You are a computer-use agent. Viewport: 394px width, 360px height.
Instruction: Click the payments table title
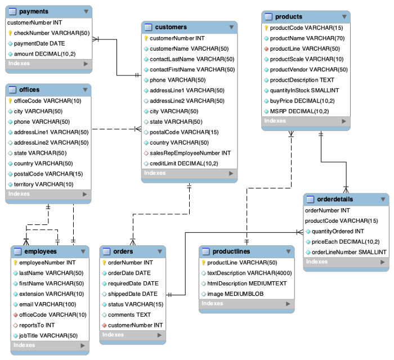pos(34,11)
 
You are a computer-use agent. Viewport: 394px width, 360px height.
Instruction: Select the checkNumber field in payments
pos(51,33)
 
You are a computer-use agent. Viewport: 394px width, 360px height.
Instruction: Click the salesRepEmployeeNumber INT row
pos(190,152)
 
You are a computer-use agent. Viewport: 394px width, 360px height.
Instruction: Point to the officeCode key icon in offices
pos(10,101)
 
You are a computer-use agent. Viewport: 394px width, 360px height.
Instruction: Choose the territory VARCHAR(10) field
pos(43,184)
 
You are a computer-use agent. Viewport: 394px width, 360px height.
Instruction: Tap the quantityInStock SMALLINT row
pos(305,90)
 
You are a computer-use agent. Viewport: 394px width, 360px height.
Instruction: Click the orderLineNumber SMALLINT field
pos(349,251)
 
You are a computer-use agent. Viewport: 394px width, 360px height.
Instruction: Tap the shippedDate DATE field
pos(132,294)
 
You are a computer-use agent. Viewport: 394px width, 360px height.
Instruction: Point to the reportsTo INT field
pos(37,325)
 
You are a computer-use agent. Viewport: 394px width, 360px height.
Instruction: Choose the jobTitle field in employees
pos(48,335)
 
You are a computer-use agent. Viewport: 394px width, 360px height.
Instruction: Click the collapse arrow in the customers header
pos(231,27)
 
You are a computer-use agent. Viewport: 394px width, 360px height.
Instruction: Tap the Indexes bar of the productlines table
pos(246,304)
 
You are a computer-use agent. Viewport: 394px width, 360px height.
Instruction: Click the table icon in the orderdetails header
pos(311,200)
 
